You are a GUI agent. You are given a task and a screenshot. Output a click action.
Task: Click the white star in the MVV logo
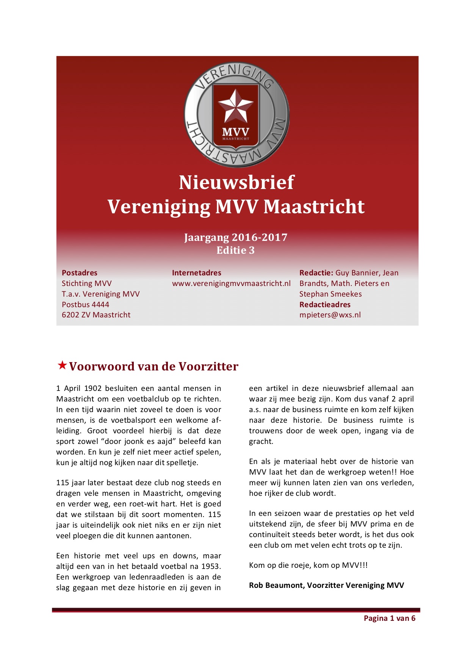coord(235,106)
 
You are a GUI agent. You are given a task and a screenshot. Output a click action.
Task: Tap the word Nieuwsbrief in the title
coord(237,183)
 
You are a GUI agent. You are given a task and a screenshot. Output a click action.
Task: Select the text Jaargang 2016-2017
coord(235,237)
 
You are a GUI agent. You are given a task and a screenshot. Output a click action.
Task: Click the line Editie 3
coord(235,250)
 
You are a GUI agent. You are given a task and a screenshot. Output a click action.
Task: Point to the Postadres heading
coord(80,273)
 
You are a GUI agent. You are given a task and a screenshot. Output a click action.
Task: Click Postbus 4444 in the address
coord(85,305)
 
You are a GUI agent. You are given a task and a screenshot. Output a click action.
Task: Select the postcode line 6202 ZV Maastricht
coord(96,315)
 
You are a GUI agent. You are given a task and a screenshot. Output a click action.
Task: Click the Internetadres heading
coord(196,273)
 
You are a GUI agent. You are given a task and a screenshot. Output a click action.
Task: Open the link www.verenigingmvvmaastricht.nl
coord(231,283)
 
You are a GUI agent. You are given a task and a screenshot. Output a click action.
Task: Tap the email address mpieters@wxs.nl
coord(330,315)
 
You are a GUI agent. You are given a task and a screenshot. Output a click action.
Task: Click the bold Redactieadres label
coord(325,305)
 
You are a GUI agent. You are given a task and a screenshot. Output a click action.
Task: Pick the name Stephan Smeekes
coord(331,294)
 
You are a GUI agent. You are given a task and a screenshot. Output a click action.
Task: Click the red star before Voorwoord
coord(62,366)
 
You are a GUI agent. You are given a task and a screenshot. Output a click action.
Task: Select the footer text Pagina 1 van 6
coord(389,618)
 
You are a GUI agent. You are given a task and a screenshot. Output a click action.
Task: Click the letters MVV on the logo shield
coord(235,132)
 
